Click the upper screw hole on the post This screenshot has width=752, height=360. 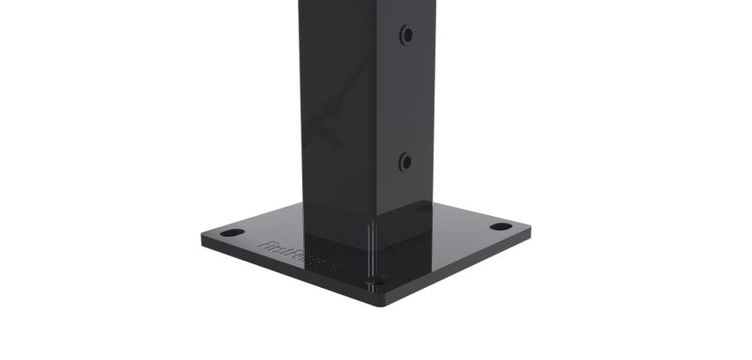406,35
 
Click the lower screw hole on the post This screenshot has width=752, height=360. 405,163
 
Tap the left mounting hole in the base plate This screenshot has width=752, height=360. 232,233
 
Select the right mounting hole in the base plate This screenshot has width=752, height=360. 501,225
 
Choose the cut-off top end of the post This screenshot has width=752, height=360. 367,4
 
